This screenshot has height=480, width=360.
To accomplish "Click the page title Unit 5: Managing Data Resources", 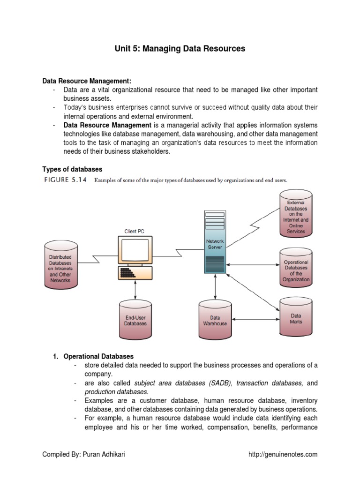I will [x=180, y=48].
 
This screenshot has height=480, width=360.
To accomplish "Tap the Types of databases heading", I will [x=72, y=169].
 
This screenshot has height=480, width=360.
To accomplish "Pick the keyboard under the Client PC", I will [x=133, y=272].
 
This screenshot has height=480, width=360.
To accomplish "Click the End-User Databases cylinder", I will [x=135, y=320].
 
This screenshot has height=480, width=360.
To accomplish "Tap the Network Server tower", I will [x=215, y=242].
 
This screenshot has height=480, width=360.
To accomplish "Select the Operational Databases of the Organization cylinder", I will [x=296, y=270].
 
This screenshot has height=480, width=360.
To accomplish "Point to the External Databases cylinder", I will [x=296, y=213].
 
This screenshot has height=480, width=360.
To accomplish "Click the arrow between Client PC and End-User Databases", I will [x=135, y=291].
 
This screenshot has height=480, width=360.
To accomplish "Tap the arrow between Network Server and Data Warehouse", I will [x=215, y=287].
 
